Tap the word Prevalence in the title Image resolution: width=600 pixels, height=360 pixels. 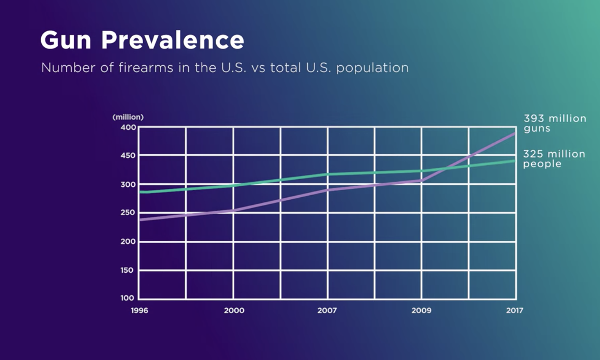tap(172, 40)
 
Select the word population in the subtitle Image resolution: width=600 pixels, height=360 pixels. tap(372, 68)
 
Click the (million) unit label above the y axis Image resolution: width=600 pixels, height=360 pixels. tap(128, 117)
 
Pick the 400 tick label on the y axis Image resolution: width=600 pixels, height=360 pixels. tap(129, 127)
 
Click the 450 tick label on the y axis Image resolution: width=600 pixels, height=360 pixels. tap(129, 156)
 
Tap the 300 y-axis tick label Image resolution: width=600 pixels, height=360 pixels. tap(129, 185)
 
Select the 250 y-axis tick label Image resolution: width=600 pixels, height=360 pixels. tap(129, 213)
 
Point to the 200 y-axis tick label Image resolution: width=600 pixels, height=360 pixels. tap(129, 242)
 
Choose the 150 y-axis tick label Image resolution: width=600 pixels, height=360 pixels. tap(129, 270)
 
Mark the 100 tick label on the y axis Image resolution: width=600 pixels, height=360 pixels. tap(127, 298)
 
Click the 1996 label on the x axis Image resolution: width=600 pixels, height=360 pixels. tap(139, 311)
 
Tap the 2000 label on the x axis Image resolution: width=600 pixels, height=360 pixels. tap(234, 311)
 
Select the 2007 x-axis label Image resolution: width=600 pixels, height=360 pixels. tap(327, 311)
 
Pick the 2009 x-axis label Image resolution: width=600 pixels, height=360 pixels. tap(421, 311)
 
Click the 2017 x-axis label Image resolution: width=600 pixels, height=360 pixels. tap(514, 311)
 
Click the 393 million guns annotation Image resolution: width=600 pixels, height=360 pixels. tap(554, 123)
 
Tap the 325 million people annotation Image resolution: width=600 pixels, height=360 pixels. tap(554, 159)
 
